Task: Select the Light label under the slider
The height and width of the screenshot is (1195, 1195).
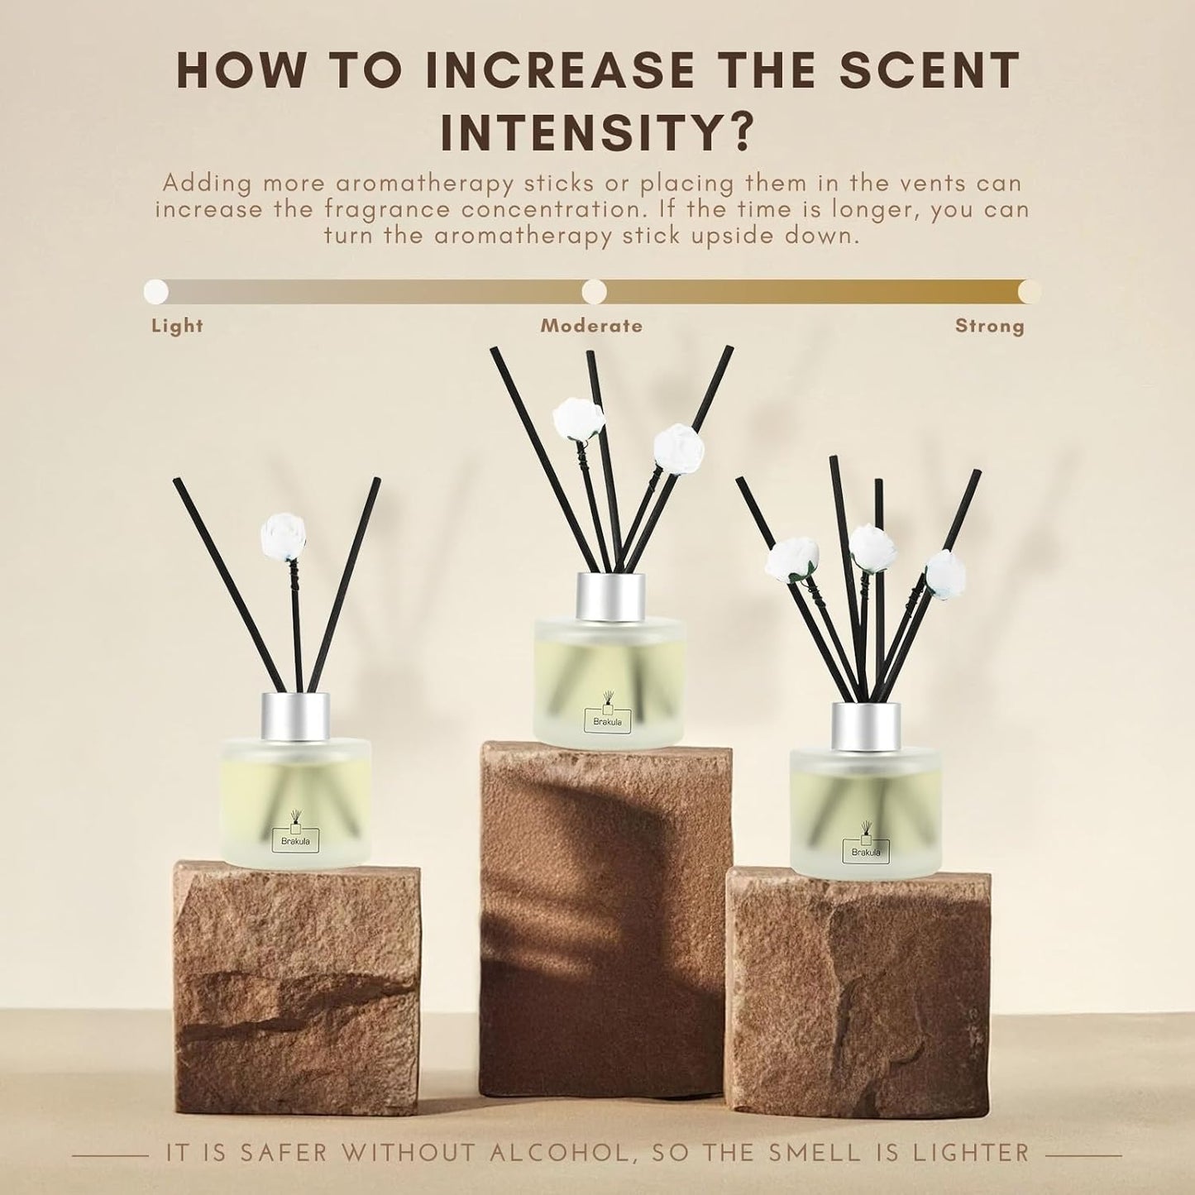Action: click(177, 326)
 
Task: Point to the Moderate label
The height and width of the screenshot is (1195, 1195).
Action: click(591, 326)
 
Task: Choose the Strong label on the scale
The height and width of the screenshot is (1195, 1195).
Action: click(990, 326)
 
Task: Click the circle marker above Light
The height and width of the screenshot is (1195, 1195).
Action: click(155, 291)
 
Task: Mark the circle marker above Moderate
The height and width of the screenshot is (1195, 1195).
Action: click(594, 291)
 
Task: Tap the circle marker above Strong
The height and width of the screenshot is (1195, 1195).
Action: click(1030, 291)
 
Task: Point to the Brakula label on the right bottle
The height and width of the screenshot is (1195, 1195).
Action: click(866, 851)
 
